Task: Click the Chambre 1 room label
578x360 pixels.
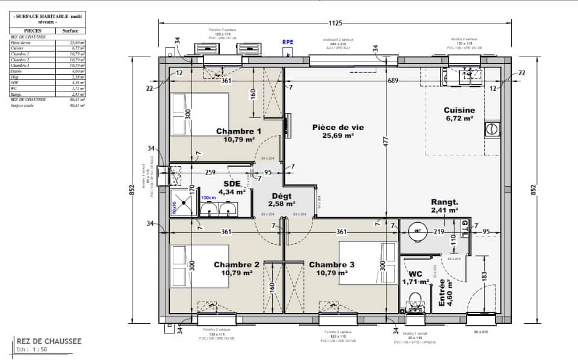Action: pyautogui.click(x=238, y=131)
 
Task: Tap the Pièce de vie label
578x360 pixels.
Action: pyautogui.click(x=333, y=127)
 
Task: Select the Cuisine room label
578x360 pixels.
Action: pyautogui.click(x=459, y=110)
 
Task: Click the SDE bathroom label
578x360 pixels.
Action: pyautogui.click(x=232, y=184)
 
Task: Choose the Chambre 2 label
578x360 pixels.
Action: pyautogui.click(x=237, y=264)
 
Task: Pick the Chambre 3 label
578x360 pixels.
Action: pyautogui.click(x=332, y=264)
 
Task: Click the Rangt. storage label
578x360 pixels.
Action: pyautogui.click(x=444, y=202)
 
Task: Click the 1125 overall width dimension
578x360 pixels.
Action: pyautogui.click(x=335, y=23)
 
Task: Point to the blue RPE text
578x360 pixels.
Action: pyautogui.click(x=288, y=43)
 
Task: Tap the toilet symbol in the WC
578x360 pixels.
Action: pyautogui.click(x=414, y=299)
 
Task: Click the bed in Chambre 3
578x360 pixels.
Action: pyautogui.click(x=367, y=262)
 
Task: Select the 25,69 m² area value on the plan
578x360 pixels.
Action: pyautogui.click(x=333, y=135)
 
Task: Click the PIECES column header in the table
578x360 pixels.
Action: pyautogui.click(x=33, y=30)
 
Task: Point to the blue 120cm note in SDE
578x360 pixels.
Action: pyautogui.click(x=208, y=197)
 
